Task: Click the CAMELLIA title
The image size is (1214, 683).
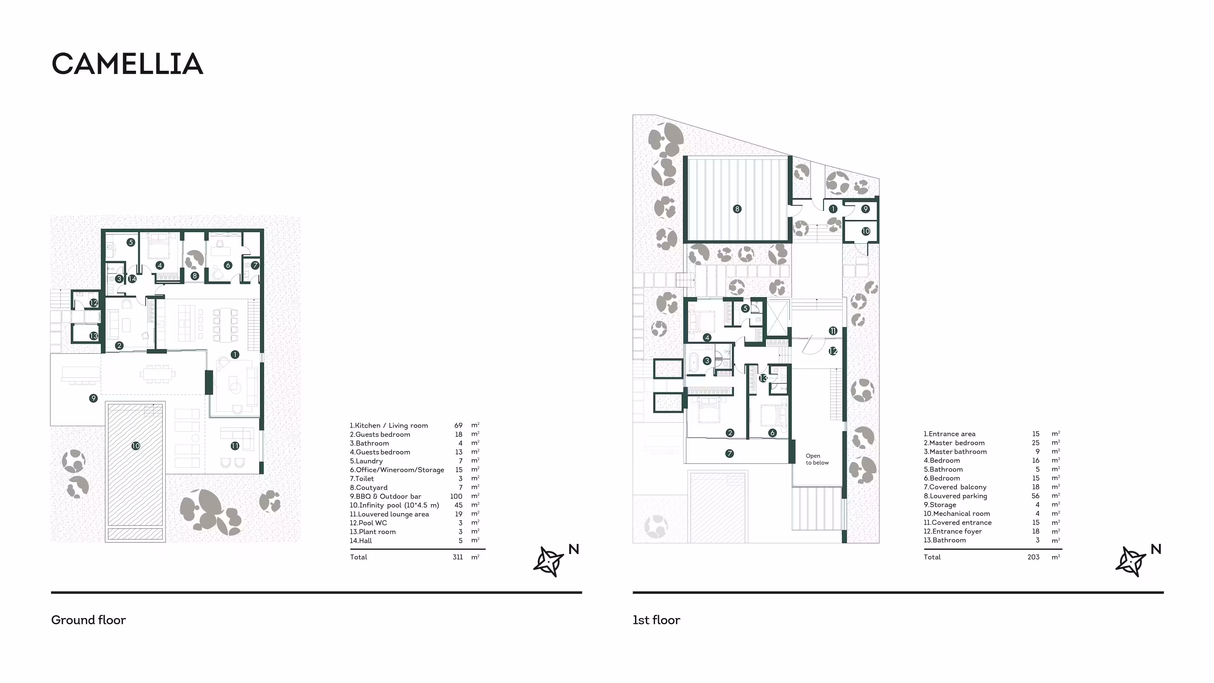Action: pyautogui.click(x=127, y=64)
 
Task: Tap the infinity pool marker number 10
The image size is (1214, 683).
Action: pyautogui.click(x=136, y=445)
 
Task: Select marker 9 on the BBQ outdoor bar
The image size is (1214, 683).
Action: pyautogui.click(x=93, y=398)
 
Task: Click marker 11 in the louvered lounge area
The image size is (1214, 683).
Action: pyautogui.click(x=235, y=445)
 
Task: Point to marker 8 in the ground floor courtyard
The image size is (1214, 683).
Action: pyautogui.click(x=195, y=276)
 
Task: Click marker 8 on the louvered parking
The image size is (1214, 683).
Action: pyautogui.click(x=737, y=209)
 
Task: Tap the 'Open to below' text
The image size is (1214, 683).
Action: pyautogui.click(x=817, y=459)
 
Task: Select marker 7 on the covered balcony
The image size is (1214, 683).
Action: pyautogui.click(x=730, y=454)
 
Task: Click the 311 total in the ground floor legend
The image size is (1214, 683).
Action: pyautogui.click(x=458, y=557)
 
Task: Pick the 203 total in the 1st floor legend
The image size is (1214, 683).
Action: pyautogui.click(x=1033, y=557)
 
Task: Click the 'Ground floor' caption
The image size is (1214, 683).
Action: pyautogui.click(x=89, y=620)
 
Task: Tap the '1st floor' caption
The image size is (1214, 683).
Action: pyautogui.click(x=656, y=620)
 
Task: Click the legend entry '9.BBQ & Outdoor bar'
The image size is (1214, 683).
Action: pyautogui.click(x=386, y=496)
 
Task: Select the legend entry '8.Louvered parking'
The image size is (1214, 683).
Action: pyautogui.click(x=955, y=496)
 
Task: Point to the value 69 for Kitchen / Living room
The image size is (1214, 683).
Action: pyautogui.click(x=458, y=425)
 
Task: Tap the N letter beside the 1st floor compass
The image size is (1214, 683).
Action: pyautogui.click(x=1156, y=549)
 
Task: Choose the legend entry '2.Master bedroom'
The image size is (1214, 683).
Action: pyautogui.click(x=954, y=443)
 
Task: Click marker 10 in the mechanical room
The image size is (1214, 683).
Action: pyautogui.click(x=866, y=231)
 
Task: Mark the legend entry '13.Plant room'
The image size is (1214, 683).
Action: pyautogui.click(x=372, y=532)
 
